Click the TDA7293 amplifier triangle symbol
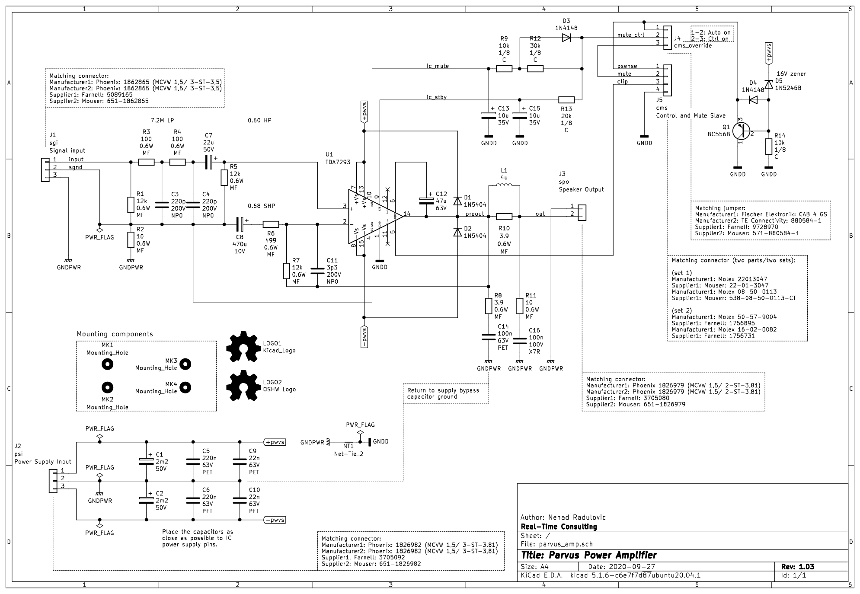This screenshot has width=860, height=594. (x=373, y=217)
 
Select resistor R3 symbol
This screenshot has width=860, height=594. (x=146, y=162)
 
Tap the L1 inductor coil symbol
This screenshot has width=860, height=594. (x=504, y=186)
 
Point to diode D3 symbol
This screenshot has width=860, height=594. (x=566, y=38)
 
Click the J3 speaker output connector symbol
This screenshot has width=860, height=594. (x=582, y=212)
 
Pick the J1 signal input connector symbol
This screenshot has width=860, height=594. (x=45, y=170)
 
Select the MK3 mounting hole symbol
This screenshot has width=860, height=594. (x=185, y=364)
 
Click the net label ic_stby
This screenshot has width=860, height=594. (x=436, y=97)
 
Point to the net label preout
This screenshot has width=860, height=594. (x=474, y=214)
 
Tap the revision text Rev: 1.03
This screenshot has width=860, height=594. (x=797, y=566)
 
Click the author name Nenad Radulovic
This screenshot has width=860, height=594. (x=563, y=517)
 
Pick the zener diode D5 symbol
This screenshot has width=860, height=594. (x=768, y=84)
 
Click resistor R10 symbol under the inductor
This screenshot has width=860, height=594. (x=504, y=217)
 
